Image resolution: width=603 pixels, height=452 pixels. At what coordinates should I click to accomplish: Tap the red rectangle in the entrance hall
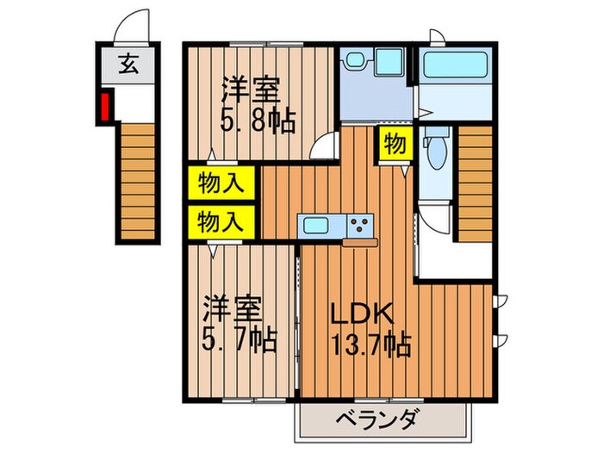click(x=105, y=107)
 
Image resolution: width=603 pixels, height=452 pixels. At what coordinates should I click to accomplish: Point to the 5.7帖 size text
click(x=239, y=339)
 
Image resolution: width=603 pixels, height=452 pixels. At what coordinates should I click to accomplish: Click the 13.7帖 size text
click(x=370, y=346)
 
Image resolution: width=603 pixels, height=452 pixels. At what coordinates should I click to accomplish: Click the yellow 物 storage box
click(x=395, y=145)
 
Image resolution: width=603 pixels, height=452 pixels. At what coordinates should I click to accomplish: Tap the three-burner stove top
click(x=360, y=226)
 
